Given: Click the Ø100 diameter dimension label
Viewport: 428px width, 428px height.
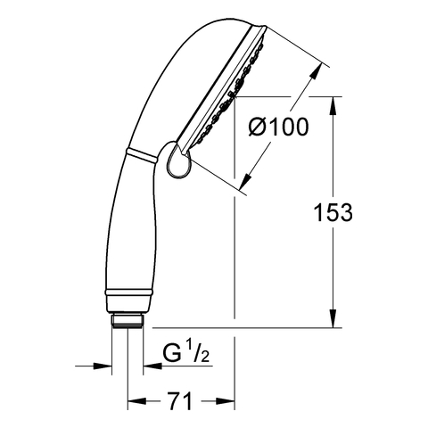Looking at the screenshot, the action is (x=278, y=127).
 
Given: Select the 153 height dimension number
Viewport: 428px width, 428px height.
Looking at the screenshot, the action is (x=333, y=212).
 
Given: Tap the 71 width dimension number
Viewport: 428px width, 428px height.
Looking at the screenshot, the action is (x=179, y=401).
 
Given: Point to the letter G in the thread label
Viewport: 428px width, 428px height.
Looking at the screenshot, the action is (x=172, y=352).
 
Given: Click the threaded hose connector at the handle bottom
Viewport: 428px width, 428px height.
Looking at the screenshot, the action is (x=128, y=321).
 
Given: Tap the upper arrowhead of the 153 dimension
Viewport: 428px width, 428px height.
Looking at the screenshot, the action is (x=333, y=106).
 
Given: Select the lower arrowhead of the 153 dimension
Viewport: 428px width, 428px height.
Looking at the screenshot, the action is (x=333, y=318).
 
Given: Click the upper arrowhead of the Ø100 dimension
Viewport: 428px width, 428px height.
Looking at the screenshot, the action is (x=317, y=71).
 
